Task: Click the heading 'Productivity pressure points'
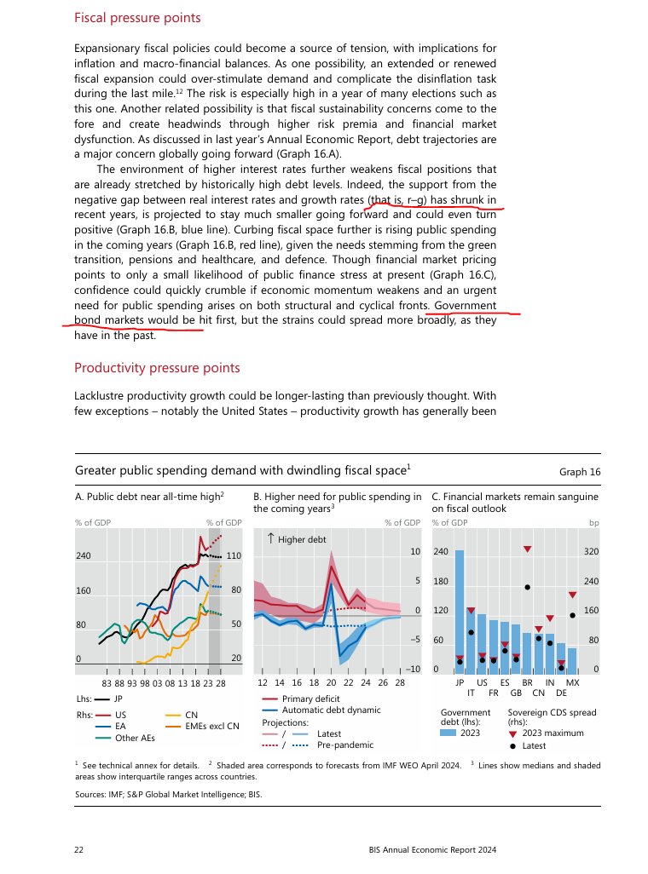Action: (157, 368)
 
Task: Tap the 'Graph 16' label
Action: (580, 471)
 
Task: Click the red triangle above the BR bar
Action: (528, 549)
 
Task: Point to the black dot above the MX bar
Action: (573, 614)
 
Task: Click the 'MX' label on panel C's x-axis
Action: (573, 682)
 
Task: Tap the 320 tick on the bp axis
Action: (591, 552)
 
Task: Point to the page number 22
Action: (79, 849)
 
